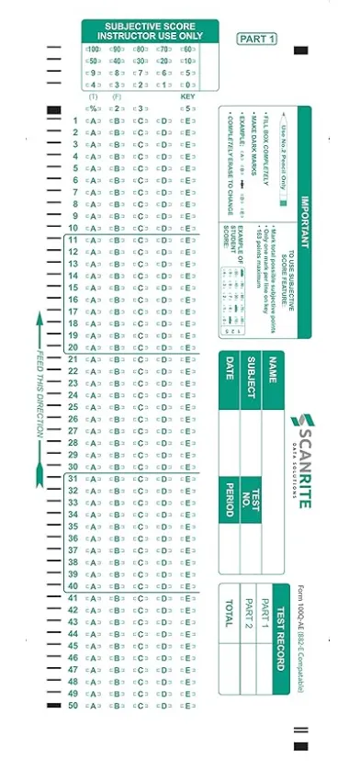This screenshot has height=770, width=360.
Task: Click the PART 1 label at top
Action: pos(256,39)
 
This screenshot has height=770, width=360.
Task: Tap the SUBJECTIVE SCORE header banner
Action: pos(149,31)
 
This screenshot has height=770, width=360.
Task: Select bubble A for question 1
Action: pos(93,120)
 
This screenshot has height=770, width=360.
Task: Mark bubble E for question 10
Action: pos(187,228)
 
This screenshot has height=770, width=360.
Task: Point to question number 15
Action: pos(73,288)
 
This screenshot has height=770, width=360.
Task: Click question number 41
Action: pos(73,598)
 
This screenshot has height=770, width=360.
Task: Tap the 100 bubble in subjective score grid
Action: pos(93,49)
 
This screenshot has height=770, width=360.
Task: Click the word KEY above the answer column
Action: pos(187,96)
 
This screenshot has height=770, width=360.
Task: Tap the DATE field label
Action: pos(230,371)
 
